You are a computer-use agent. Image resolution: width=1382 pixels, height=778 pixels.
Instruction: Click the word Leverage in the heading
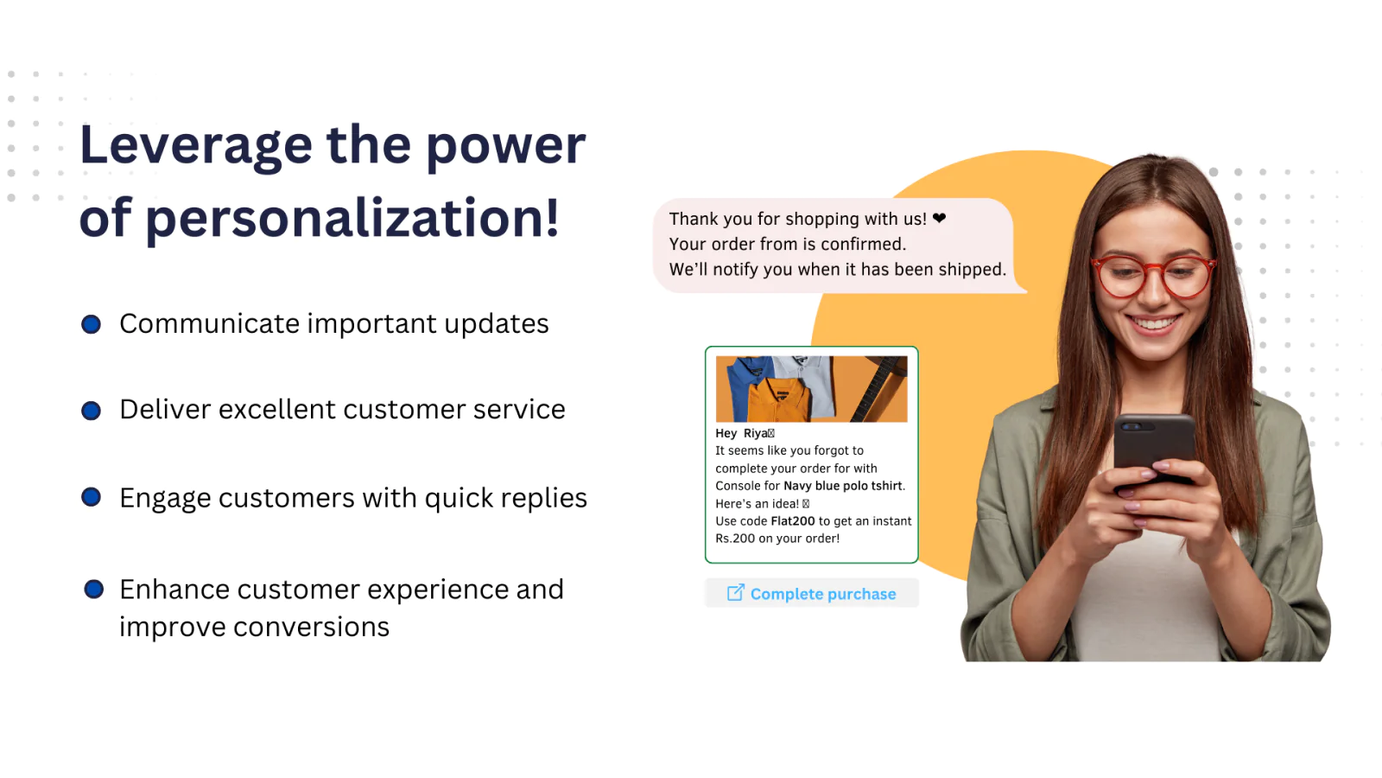[195, 145]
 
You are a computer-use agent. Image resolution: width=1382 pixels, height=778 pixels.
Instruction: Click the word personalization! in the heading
[352, 218]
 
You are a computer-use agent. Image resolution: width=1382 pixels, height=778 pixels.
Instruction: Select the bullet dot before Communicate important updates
[91, 324]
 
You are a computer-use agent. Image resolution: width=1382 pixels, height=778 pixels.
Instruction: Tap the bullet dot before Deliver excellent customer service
[91, 411]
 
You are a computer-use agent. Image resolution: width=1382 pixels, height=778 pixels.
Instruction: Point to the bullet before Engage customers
[91, 497]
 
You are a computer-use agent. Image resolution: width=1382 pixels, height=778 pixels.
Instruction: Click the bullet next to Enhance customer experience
[93, 590]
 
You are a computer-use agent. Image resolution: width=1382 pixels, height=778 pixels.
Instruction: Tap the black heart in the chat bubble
[940, 219]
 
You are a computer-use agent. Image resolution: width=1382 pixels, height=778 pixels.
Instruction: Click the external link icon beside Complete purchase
[735, 593]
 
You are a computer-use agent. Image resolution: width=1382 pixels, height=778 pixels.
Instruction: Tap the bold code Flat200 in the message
[792, 521]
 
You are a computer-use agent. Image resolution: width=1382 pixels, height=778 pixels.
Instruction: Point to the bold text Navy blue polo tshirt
[842, 486]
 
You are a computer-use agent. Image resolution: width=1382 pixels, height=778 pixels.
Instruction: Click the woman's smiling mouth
[1154, 325]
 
